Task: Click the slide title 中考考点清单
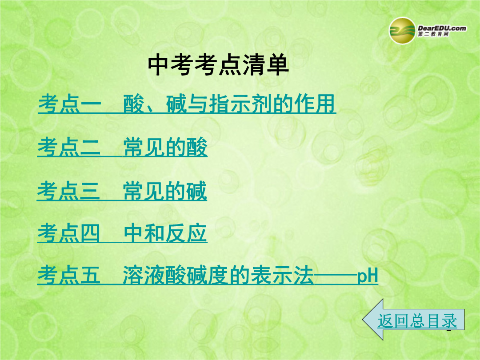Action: (x=218, y=65)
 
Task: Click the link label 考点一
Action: (x=69, y=104)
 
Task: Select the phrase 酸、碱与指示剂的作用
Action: (x=229, y=104)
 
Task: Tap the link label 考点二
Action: (x=69, y=147)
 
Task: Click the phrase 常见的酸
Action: (x=165, y=147)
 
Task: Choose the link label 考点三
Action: (x=68, y=191)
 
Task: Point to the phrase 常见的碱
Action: (x=165, y=191)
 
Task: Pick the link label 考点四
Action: (x=68, y=233)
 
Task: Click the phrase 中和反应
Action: (x=166, y=233)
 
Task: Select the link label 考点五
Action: (x=69, y=275)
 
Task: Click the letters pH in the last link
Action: (x=368, y=276)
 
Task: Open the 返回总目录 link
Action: (x=417, y=321)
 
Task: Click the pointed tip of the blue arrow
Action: (x=363, y=320)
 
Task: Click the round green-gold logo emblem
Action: (x=402, y=31)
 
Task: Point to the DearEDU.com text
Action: (x=442, y=28)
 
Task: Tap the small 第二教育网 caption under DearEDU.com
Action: (x=433, y=34)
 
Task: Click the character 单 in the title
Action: (x=277, y=65)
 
